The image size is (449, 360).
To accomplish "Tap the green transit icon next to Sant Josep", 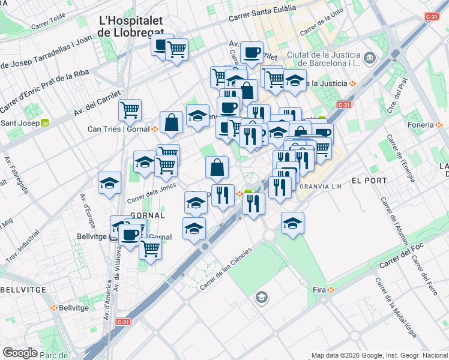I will [44, 124].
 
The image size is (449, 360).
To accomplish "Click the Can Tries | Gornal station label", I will [119, 129].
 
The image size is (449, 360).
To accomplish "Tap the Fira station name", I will [319, 290].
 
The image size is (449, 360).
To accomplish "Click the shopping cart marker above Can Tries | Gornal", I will [130, 110].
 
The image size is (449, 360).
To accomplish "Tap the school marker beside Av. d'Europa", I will [109, 182].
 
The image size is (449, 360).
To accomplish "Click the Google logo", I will [20, 353].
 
